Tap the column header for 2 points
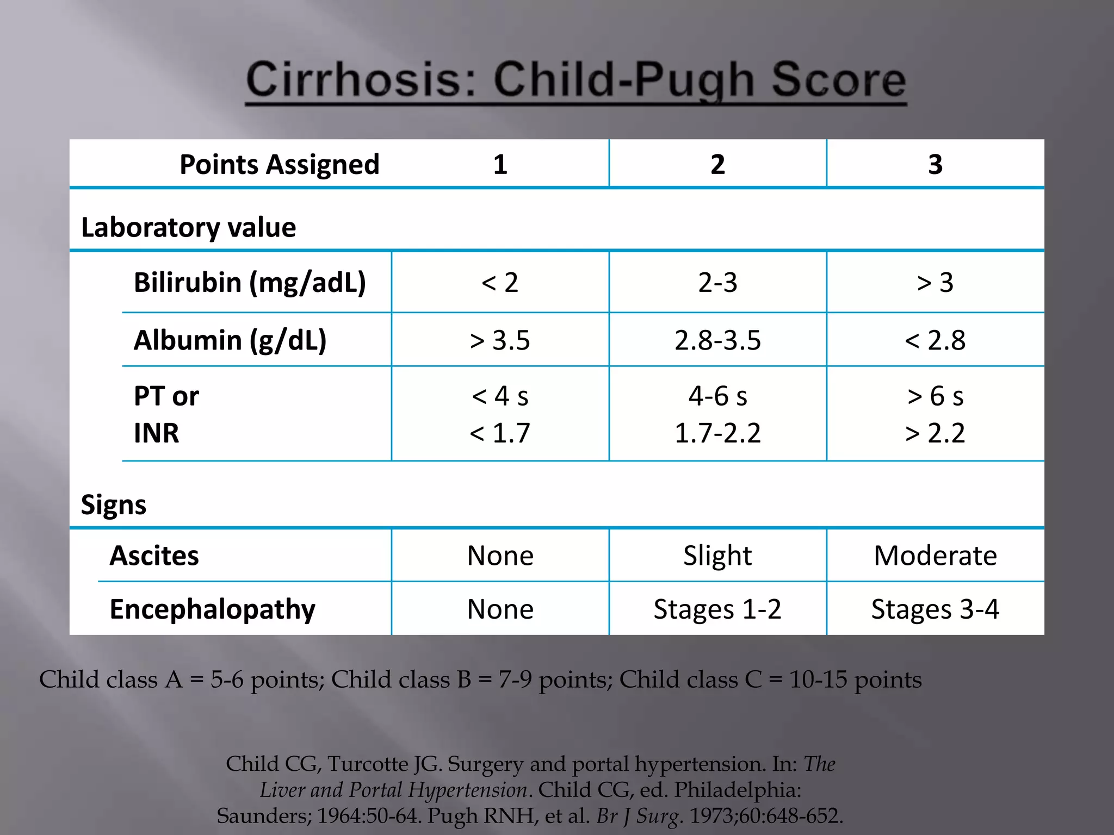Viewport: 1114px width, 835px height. [x=717, y=164]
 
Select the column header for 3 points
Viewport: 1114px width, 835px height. [x=935, y=164]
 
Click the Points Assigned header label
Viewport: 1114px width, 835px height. [x=279, y=164]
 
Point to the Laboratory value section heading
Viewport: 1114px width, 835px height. [x=188, y=227]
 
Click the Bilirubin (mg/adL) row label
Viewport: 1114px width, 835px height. [x=250, y=283]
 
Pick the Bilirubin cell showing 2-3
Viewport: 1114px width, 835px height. [x=717, y=283]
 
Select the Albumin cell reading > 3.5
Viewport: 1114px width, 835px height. [x=500, y=340]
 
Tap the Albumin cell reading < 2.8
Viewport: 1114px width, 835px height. [x=935, y=340]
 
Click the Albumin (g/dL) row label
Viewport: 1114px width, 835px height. [x=230, y=340]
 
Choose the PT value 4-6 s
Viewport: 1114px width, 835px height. [x=717, y=396]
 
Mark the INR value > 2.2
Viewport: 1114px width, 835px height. [x=935, y=433]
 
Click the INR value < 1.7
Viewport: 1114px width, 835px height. [x=500, y=433]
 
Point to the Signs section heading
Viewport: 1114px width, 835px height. [x=114, y=504]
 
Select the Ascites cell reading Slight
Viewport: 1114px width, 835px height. [x=717, y=556]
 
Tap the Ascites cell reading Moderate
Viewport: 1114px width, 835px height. [x=935, y=556]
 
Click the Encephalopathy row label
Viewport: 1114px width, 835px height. [x=212, y=609]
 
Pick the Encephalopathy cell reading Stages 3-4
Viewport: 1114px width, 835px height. [x=935, y=609]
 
